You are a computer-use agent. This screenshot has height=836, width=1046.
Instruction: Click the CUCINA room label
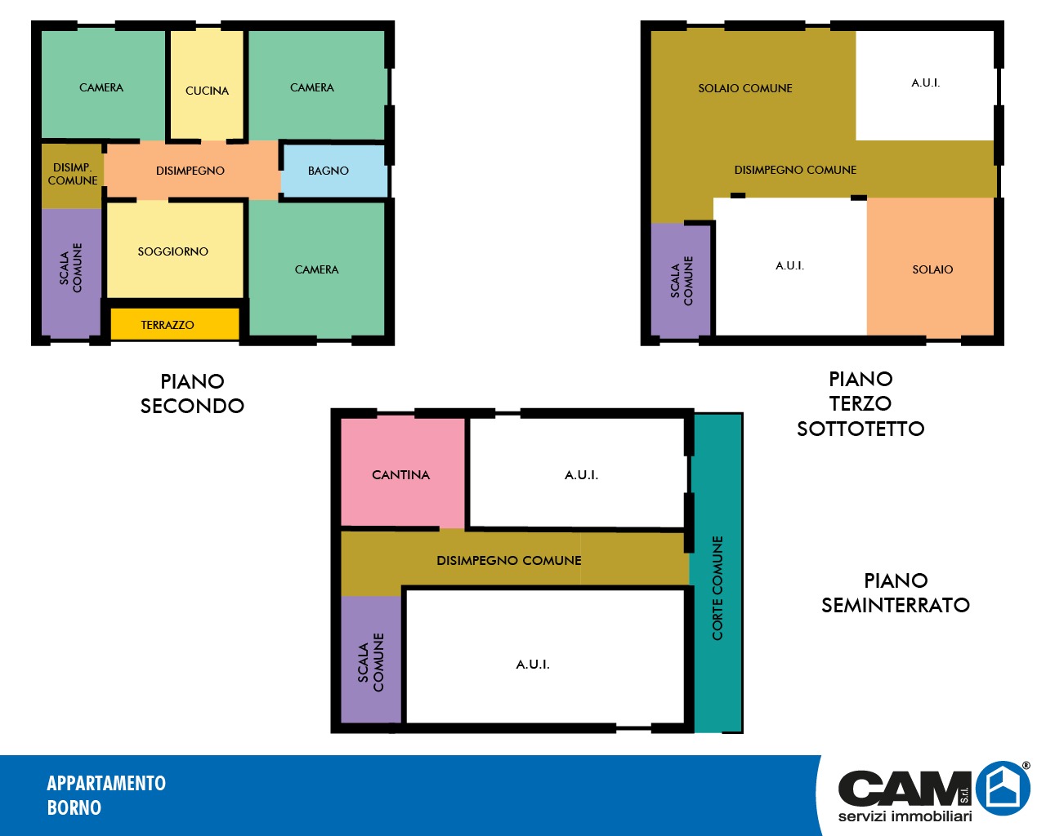click(207, 91)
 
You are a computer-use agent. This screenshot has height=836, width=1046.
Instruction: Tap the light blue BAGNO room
click(335, 171)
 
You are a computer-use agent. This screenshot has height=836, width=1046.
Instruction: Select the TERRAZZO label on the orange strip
click(168, 325)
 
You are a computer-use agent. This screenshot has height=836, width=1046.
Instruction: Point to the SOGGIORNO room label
click(173, 251)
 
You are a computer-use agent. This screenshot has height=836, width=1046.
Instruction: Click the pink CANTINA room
click(402, 472)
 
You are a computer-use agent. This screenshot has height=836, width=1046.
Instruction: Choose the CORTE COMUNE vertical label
click(717, 589)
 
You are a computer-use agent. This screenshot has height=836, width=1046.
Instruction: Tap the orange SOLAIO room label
click(932, 269)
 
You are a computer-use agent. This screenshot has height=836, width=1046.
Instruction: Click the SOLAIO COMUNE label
click(745, 88)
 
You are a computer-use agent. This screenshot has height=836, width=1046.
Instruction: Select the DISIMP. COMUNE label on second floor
click(73, 174)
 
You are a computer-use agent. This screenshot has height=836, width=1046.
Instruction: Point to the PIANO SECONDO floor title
click(193, 394)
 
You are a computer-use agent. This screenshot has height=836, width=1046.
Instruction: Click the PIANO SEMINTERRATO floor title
click(896, 593)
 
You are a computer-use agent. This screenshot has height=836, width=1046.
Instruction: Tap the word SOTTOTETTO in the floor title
click(860, 429)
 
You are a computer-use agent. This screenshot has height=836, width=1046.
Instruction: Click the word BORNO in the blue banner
click(74, 807)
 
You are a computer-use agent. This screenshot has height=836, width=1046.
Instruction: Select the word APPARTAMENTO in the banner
click(106, 783)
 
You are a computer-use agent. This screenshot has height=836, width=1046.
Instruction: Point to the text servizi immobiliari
click(905, 816)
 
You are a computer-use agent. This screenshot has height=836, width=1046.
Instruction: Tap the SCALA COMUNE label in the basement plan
click(370, 662)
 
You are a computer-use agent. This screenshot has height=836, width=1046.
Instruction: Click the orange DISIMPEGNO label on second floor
click(190, 171)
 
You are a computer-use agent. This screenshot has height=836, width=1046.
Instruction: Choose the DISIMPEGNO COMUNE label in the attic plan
click(795, 170)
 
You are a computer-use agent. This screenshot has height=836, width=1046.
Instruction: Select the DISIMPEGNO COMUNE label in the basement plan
click(509, 561)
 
